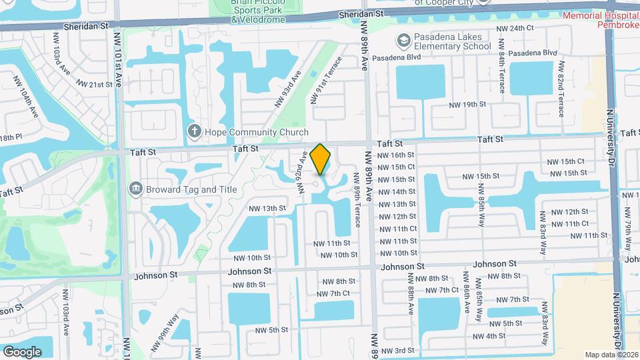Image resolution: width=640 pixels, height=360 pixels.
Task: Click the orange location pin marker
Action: click(321, 159)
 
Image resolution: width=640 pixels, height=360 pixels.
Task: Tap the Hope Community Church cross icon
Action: click(194, 131)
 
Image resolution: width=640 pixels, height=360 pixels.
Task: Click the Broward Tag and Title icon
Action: click(136, 189)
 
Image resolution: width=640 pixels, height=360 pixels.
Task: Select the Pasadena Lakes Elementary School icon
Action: click(403, 41)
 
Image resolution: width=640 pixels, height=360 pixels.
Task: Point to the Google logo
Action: click(23, 351)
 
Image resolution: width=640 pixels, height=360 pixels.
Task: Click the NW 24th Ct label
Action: click(516, 28)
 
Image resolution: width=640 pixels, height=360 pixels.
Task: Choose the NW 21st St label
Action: click(94, 84)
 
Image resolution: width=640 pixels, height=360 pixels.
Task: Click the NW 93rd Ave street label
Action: click(287, 91)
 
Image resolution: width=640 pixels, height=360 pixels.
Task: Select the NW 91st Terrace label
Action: click(326, 81)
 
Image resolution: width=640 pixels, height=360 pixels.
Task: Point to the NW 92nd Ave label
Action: click(302, 172)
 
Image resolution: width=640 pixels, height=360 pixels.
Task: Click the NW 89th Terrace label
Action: click(358, 205)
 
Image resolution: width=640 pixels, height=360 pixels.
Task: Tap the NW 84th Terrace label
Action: click(501, 75)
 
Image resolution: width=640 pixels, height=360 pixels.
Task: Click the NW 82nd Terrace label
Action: click(561, 89)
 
